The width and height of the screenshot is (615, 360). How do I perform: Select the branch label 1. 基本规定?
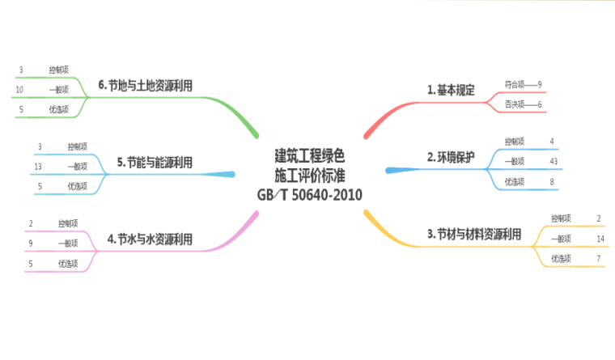click(x=451, y=90)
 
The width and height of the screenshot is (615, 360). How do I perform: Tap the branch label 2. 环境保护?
click(x=451, y=157)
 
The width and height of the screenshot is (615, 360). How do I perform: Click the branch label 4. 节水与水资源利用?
click(x=150, y=239)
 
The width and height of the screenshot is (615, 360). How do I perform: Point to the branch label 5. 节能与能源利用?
click(x=155, y=163)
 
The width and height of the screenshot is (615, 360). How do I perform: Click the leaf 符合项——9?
click(x=523, y=83)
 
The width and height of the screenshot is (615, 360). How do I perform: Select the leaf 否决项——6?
click(x=523, y=104)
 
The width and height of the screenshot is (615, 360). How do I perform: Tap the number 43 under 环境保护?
click(x=553, y=161)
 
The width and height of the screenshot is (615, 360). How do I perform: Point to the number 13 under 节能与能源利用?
click(x=38, y=167)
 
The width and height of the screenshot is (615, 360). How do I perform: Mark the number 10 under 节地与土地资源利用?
click(x=19, y=89)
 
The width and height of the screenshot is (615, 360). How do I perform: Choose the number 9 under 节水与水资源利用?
click(x=30, y=243)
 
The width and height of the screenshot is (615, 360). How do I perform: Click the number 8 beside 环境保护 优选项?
click(x=552, y=181)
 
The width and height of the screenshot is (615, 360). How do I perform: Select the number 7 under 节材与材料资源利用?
click(x=598, y=259)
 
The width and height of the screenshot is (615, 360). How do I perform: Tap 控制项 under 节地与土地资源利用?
click(x=58, y=70)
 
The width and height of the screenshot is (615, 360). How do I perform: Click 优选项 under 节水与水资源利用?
click(x=68, y=264)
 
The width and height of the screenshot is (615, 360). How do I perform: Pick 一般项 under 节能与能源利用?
click(x=78, y=167)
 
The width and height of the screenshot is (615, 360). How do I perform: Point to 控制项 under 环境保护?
click(x=515, y=142)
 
